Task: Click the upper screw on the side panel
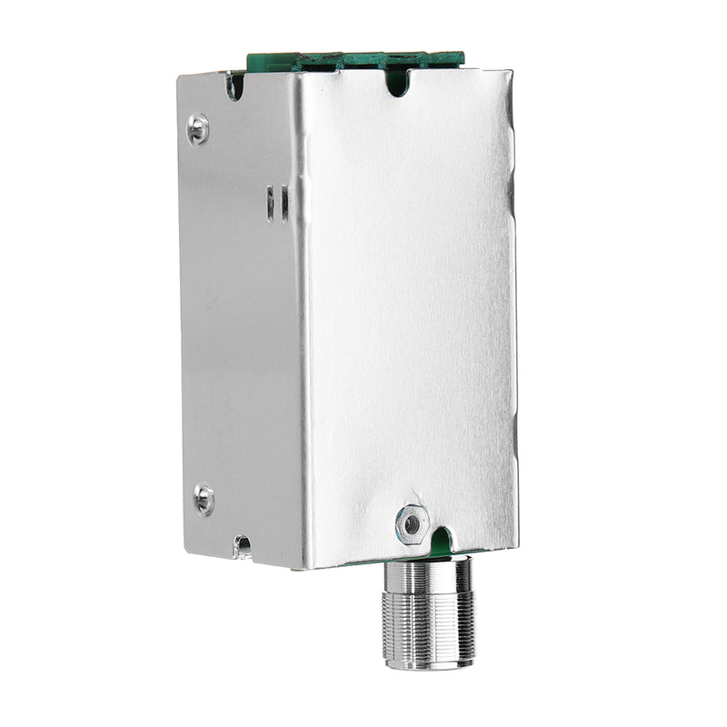(x=198, y=128)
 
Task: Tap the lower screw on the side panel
(x=204, y=498)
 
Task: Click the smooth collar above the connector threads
(x=428, y=573)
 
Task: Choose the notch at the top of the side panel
(x=234, y=86)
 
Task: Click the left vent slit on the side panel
(x=270, y=203)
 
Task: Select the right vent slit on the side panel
(x=284, y=203)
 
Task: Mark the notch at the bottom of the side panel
(x=243, y=546)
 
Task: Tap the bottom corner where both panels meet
(x=304, y=568)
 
